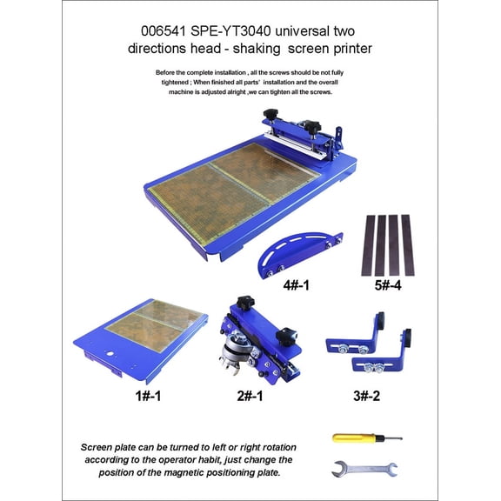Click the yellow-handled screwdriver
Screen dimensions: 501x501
click(x=365, y=438)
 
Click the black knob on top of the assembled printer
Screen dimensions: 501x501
click(x=270, y=116)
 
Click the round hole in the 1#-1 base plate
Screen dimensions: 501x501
click(x=112, y=354)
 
